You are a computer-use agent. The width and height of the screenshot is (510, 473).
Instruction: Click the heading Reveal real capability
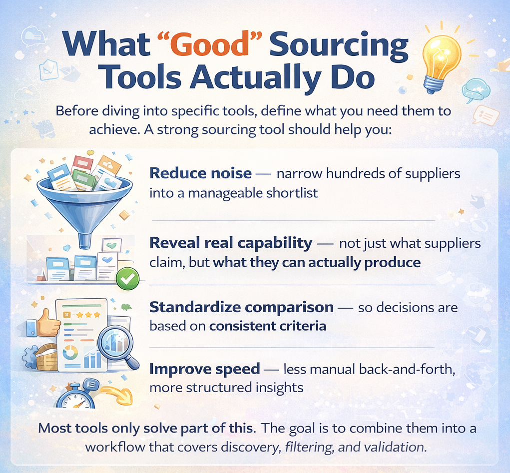click(231, 243)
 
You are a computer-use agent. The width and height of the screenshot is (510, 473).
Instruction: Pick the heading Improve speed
click(205, 369)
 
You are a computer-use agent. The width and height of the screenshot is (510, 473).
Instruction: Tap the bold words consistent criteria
click(267, 326)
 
